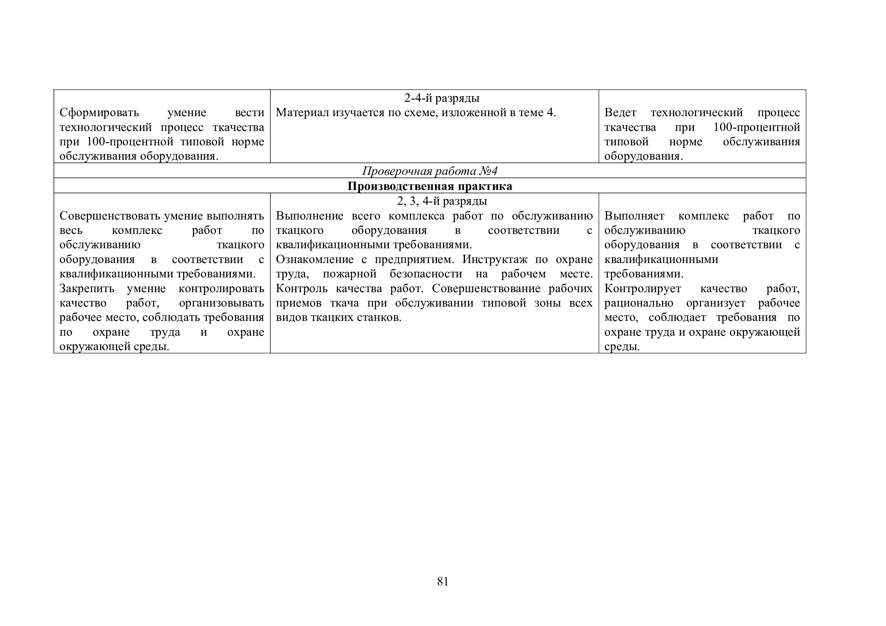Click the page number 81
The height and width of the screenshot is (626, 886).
[443, 581]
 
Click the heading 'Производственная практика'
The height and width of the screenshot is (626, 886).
[430, 186]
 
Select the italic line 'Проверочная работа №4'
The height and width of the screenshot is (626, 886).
[430, 171]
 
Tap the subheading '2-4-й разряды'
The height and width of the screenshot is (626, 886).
[442, 98]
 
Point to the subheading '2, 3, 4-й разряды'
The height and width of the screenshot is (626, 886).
[442, 201]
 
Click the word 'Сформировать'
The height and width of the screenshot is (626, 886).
[99, 112]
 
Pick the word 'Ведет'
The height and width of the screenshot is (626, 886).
[620, 112]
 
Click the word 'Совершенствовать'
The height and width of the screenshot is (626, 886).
[110, 216]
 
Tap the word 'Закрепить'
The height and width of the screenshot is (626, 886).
[87, 288]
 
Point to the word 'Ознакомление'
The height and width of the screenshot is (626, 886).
[315, 259]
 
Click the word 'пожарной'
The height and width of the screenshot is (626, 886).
[350, 274]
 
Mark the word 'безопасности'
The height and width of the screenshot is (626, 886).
[426, 274]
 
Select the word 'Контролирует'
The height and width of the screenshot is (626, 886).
[642, 288]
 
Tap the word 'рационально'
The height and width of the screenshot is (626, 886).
[639, 303]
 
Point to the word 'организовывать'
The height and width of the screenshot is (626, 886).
[221, 303]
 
